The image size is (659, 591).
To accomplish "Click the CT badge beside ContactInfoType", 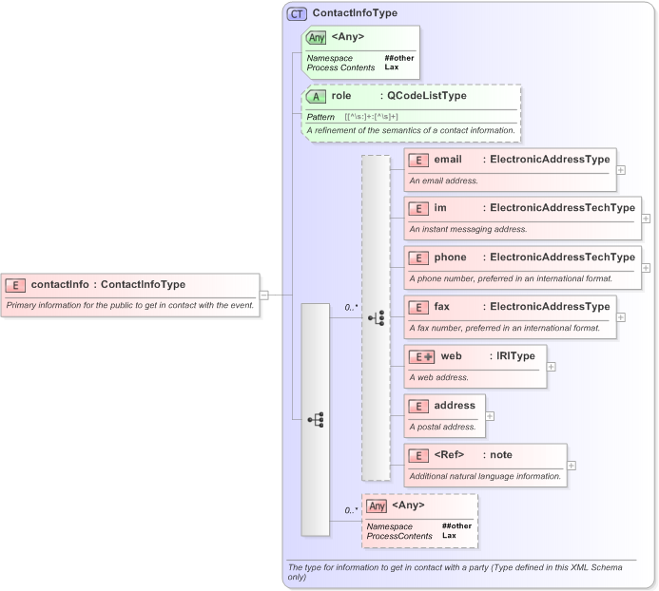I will (x=297, y=14).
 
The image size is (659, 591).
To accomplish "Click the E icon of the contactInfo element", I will (x=16, y=284).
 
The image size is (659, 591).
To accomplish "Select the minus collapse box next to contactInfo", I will (x=264, y=295).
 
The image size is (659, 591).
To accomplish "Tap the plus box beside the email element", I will (x=621, y=170).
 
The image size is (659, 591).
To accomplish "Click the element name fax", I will (x=441, y=306).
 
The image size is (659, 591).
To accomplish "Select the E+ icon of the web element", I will (x=421, y=356).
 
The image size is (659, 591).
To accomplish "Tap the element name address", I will (x=455, y=405).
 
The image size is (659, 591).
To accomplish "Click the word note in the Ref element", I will (x=501, y=454).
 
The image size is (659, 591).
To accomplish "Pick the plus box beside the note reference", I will (x=572, y=466).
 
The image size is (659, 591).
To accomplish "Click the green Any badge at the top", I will (x=317, y=37).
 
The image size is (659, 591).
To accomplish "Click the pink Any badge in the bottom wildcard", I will (x=378, y=505).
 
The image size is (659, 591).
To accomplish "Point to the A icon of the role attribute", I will (x=317, y=96).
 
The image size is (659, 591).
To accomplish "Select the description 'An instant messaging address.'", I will (x=468, y=229).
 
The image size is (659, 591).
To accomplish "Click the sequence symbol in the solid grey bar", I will (x=316, y=418).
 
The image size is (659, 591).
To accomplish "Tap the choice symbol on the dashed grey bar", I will (x=377, y=318).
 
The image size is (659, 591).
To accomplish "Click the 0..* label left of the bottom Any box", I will (x=351, y=510).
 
